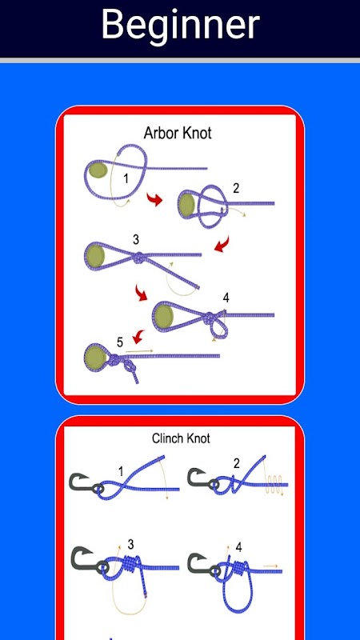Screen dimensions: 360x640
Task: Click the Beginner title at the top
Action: (x=180, y=25)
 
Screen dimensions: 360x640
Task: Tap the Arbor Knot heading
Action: (x=178, y=133)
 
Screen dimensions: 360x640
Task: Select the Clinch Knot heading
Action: (x=181, y=438)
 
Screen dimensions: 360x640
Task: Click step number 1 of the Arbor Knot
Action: (x=126, y=178)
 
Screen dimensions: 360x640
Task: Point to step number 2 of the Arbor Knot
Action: (x=236, y=188)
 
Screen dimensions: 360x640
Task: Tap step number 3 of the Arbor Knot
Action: (x=136, y=239)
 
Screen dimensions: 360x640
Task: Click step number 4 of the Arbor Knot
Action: (x=226, y=298)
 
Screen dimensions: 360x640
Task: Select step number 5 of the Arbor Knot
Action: (x=119, y=342)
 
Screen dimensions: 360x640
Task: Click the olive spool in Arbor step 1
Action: (x=98, y=170)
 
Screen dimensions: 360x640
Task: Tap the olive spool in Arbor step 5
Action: (x=96, y=357)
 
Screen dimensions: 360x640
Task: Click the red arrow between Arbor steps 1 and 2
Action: (x=154, y=200)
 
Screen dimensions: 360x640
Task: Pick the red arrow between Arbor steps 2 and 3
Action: (x=222, y=245)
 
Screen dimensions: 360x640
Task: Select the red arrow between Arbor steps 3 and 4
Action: (x=142, y=293)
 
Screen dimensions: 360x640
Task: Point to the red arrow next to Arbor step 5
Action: (x=138, y=337)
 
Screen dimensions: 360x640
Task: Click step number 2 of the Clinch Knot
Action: (x=236, y=464)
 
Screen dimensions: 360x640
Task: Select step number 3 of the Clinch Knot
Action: (x=130, y=544)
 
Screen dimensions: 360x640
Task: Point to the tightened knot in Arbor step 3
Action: (x=139, y=258)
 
